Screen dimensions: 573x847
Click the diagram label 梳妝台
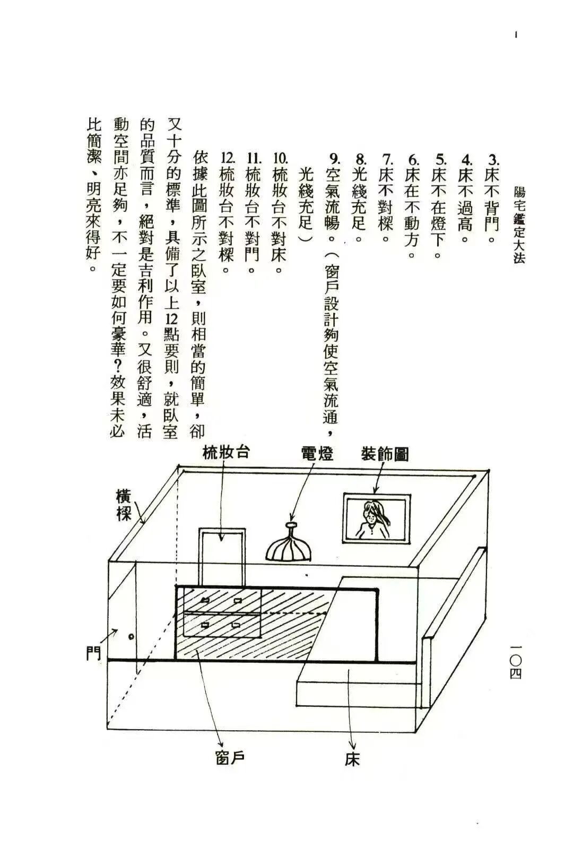tap(226, 453)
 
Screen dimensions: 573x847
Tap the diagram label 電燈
tap(317, 453)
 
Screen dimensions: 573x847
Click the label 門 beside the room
tap(94, 653)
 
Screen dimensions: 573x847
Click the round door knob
tap(131, 636)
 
